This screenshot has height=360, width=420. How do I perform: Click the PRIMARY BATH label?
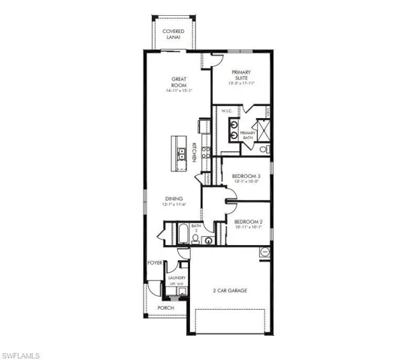248,135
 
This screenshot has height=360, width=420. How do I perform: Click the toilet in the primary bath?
262,150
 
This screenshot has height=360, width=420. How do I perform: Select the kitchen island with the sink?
180,150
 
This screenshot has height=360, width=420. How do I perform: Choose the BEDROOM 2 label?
247,222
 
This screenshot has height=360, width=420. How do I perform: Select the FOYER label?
155,263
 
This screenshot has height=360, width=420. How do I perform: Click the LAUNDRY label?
177,277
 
